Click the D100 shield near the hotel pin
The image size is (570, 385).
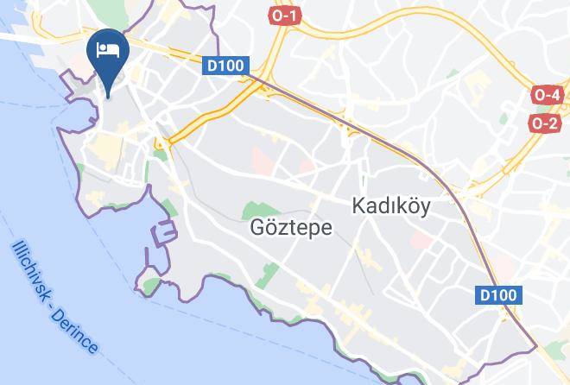(227, 66)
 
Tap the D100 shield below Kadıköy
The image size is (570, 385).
(498, 295)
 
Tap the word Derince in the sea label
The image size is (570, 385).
(79, 332)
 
